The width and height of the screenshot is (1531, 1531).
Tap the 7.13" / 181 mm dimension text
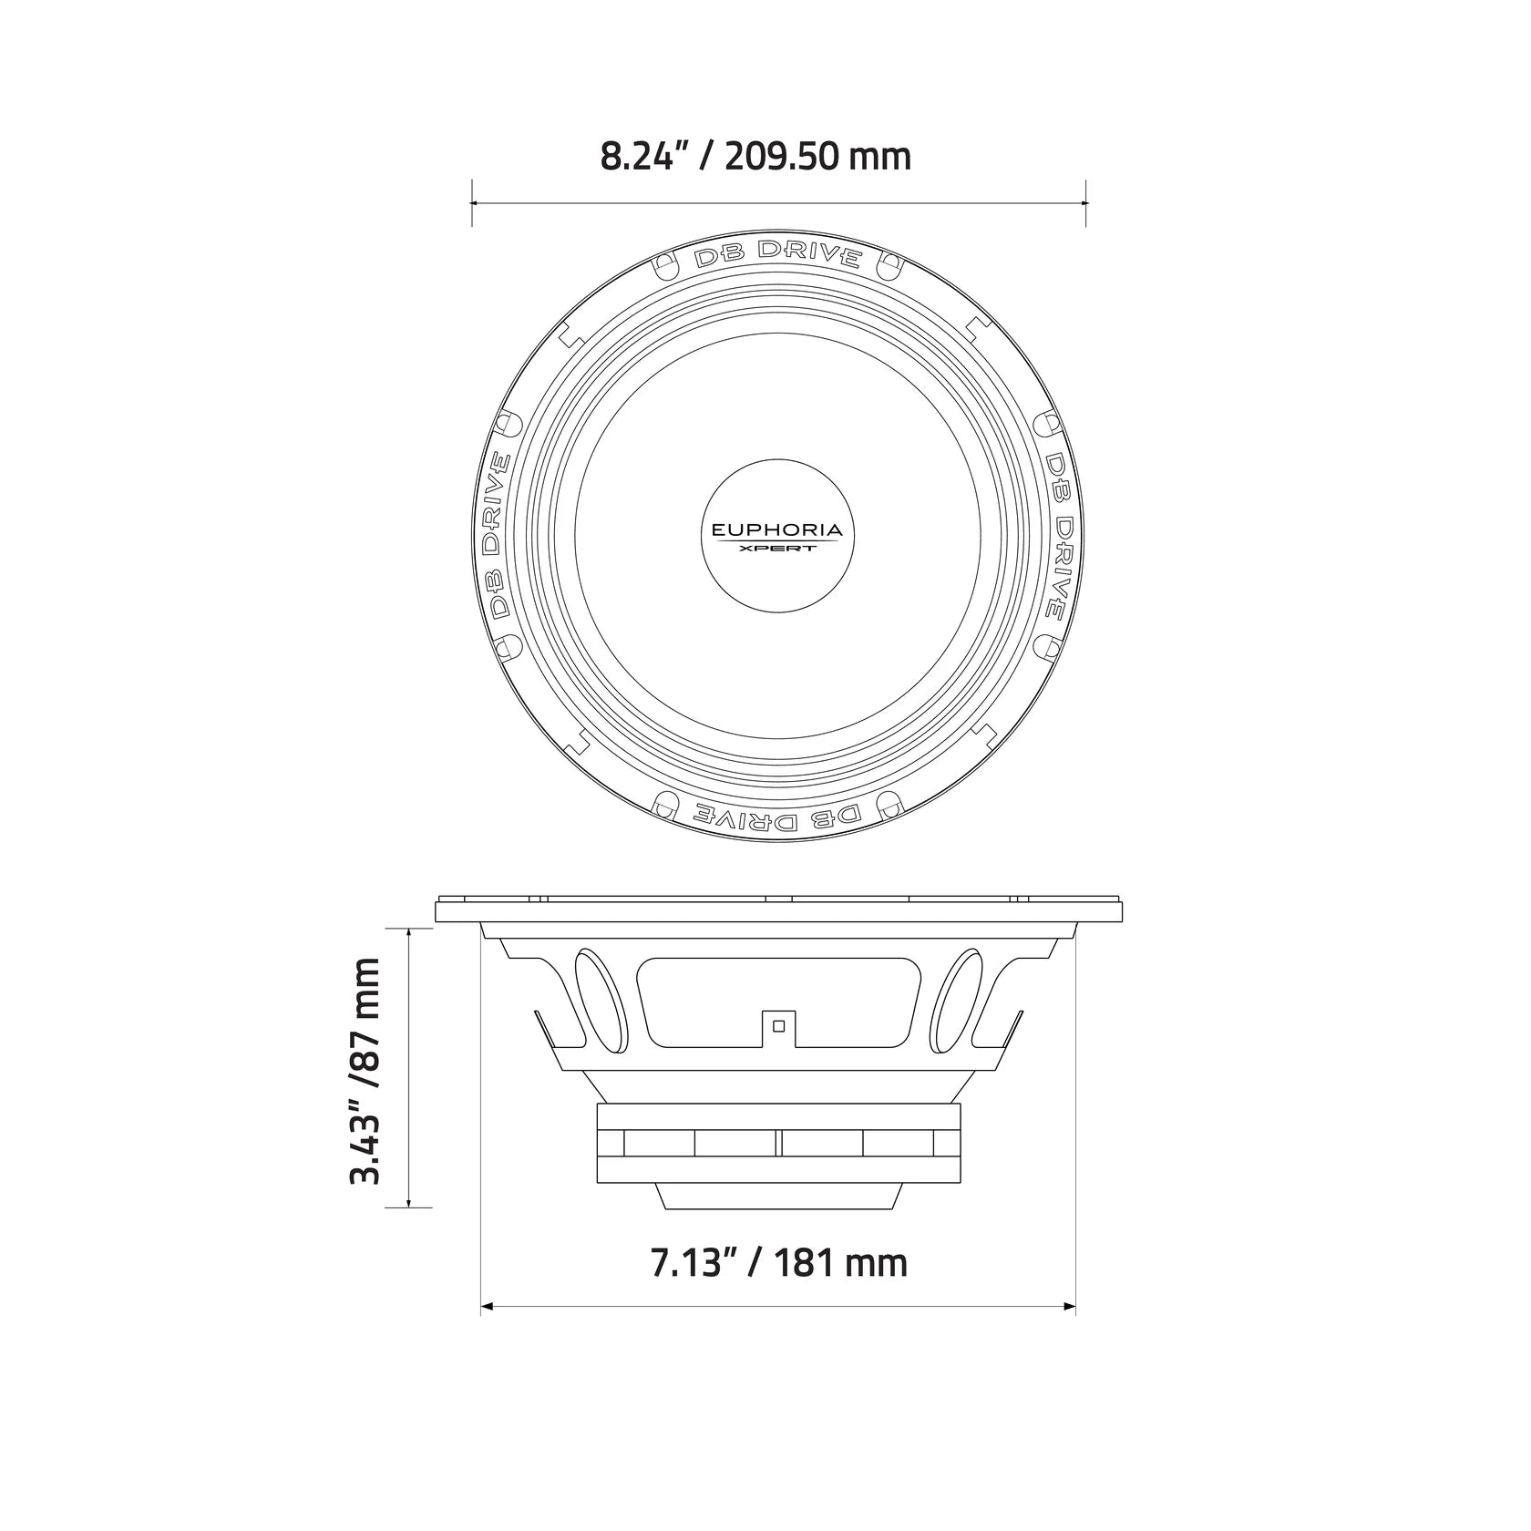[x=778, y=1263]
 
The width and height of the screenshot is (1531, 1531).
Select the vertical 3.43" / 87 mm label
[x=364, y=1070]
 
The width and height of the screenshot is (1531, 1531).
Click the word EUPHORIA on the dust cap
[x=777, y=529]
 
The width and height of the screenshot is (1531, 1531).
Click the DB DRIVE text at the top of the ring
[x=777, y=256]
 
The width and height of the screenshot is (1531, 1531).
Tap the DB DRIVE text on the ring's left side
[x=496, y=536]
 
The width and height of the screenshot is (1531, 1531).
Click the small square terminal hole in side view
[x=778, y=1025]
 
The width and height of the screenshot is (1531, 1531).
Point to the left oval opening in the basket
[x=601, y=999]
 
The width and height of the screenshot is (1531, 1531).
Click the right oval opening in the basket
[x=957, y=999]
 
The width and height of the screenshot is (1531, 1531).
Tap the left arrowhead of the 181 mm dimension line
[x=486, y=1308]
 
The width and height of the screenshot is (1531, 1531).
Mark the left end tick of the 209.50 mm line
[x=471, y=203]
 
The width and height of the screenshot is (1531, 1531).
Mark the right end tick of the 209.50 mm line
[x=1085, y=203]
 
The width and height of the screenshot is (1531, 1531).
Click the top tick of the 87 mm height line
[x=409, y=929]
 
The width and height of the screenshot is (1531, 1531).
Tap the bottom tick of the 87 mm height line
[x=409, y=1207]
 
